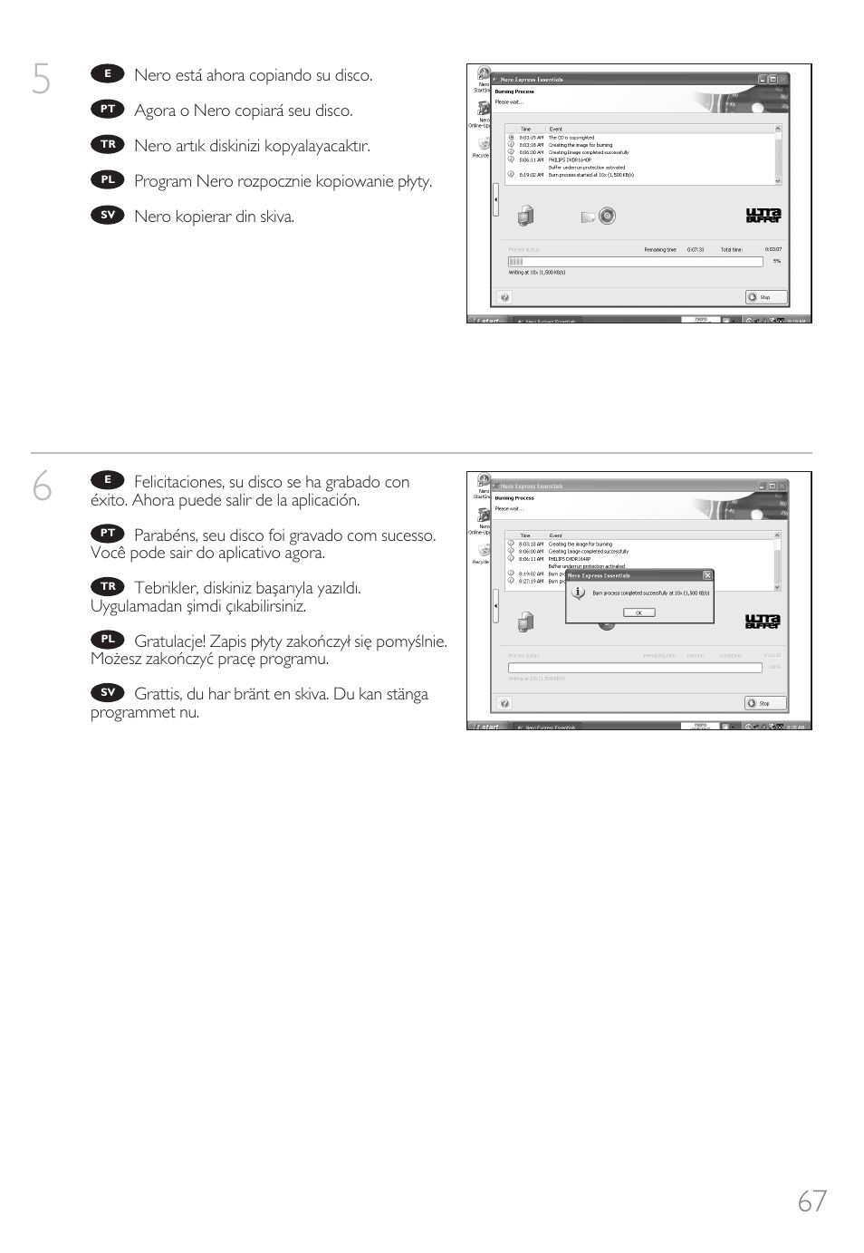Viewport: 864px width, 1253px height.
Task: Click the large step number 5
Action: (41, 81)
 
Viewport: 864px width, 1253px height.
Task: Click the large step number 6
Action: (42, 487)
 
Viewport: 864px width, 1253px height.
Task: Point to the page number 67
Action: (811, 1200)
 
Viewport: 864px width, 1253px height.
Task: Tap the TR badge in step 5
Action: (108, 145)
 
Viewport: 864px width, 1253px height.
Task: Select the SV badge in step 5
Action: (108, 216)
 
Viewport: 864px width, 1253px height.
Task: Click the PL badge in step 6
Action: (108, 640)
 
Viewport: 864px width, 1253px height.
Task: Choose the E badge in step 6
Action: (108, 480)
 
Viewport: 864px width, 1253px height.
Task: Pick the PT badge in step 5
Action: (108, 110)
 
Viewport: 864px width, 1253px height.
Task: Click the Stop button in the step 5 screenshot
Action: (765, 297)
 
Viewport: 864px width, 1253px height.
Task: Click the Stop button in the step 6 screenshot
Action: (765, 703)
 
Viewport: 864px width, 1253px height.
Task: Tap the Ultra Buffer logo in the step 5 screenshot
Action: (763, 216)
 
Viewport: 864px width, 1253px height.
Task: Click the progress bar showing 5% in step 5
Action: (635, 262)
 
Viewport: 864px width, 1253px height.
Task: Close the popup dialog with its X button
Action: (707, 575)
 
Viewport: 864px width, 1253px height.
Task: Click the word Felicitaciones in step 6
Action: (178, 482)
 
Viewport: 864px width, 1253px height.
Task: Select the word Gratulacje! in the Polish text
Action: (169, 641)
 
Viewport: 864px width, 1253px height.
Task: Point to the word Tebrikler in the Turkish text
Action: (165, 588)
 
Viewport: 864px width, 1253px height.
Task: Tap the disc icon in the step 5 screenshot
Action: (607, 216)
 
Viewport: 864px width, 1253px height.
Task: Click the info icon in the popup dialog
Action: (579, 593)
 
